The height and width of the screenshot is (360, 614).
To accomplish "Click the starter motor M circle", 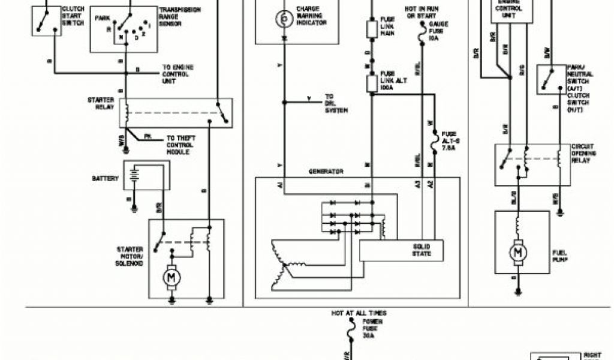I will pos(171,277).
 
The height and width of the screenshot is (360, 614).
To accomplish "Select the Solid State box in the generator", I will pos(402,250).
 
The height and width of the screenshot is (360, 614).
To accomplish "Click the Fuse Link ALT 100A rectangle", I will pos(371,83).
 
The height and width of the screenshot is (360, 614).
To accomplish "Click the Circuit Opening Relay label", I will pos(583,154).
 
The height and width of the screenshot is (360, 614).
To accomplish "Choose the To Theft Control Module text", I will pos(181,145).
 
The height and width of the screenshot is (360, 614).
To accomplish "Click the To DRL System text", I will pos(336,103).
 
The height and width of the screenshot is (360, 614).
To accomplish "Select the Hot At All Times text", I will pos(359,313).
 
